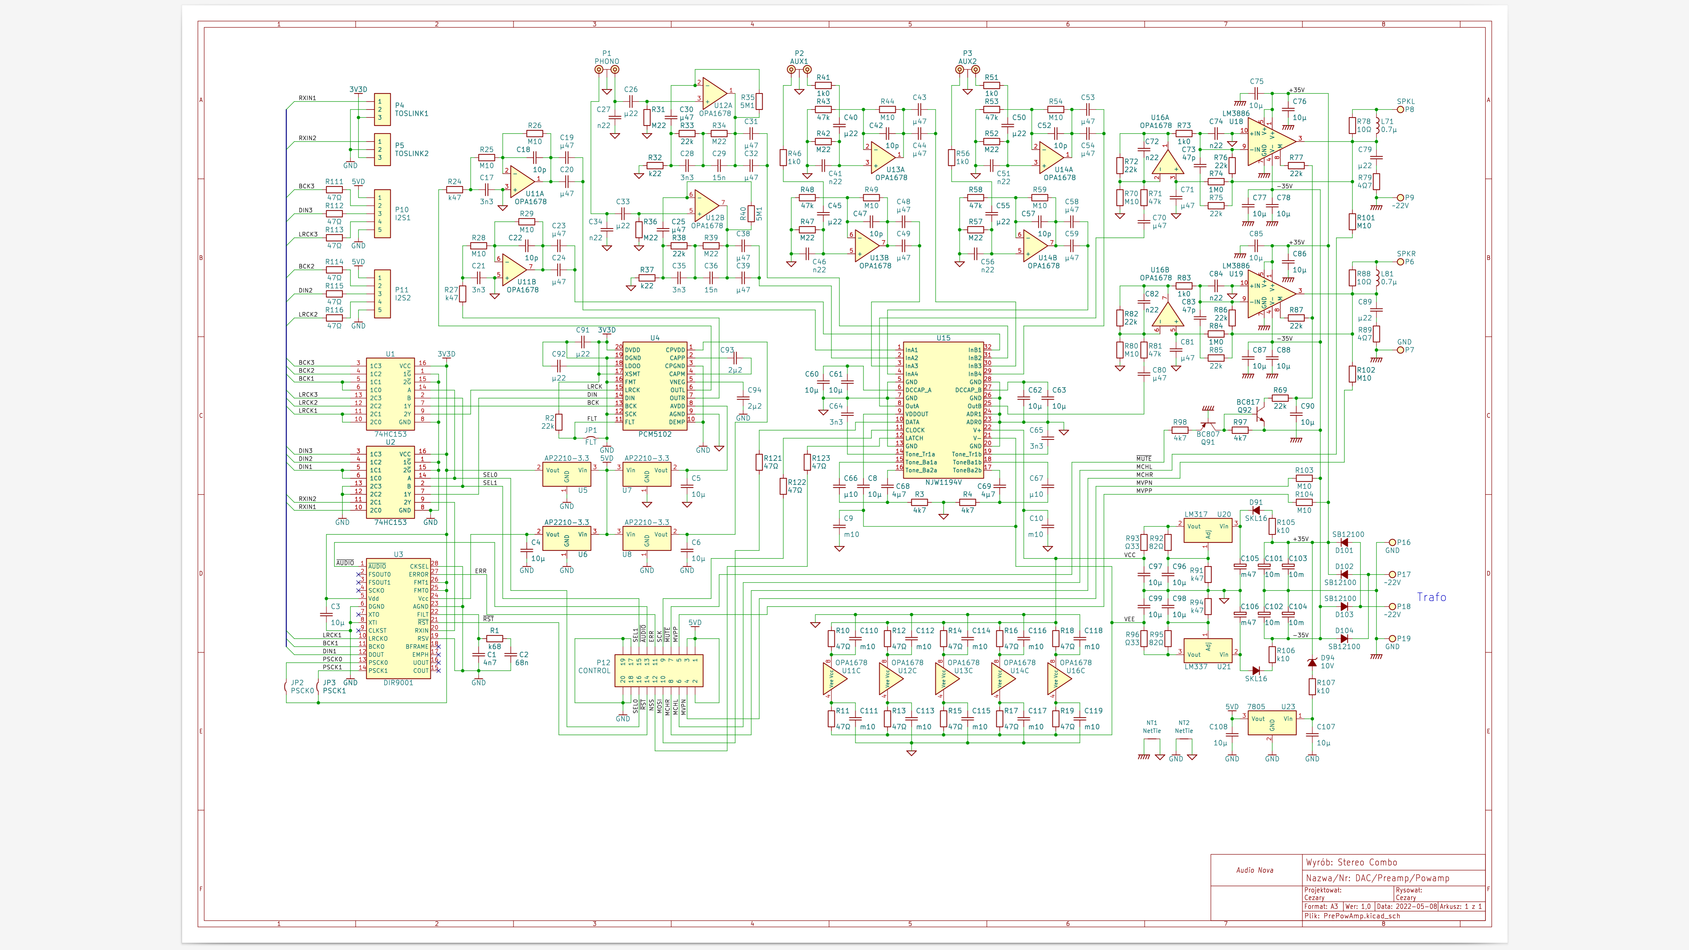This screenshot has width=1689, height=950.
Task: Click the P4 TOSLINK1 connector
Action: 382,110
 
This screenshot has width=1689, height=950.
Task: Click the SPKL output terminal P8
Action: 1400,110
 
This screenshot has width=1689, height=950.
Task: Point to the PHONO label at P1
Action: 607,62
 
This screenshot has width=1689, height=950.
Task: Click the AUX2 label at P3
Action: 967,62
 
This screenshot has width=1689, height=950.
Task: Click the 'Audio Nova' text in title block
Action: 1254,870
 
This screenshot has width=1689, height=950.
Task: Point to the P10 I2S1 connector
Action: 382,214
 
